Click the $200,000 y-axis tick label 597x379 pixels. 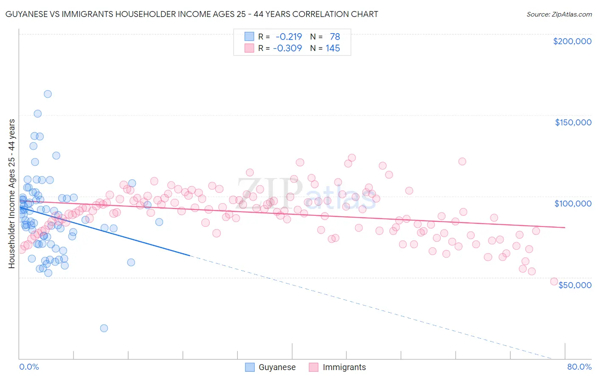coord(572,41)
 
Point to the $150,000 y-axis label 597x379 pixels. coord(573,122)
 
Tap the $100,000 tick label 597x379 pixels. coord(573,204)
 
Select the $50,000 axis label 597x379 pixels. coord(574,285)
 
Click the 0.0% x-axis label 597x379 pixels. coord(29,367)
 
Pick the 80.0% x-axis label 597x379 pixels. coord(579,367)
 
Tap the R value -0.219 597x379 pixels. coord(289,37)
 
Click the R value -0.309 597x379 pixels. coord(287,48)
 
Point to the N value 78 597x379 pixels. coord(335,37)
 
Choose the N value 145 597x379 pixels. coord(333,48)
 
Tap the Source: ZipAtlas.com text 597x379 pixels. coord(559,14)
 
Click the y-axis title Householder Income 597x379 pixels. coord(11,193)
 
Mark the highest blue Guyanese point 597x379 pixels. coord(48,94)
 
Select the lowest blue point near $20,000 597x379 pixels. coord(104,328)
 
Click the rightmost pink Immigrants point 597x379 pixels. coord(554,281)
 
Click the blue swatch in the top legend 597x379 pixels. coord(249,37)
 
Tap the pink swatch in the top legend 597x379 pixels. coord(249,48)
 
